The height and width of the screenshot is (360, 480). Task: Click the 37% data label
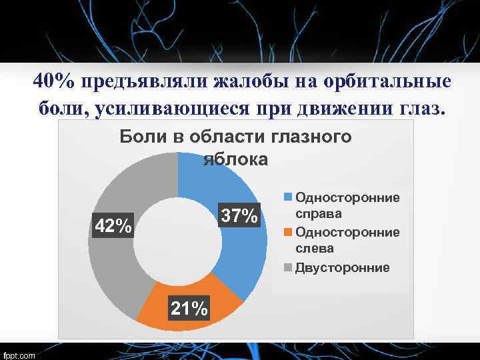[239, 216]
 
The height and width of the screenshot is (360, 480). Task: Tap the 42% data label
[113, 226]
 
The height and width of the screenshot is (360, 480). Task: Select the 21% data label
[189, 309]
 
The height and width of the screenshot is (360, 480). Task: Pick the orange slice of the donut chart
[187, 293]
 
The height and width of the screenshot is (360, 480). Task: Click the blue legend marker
[289, 198]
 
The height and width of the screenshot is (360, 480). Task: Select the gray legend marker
[289, 267]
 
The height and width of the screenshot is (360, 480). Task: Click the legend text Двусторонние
[343, 267]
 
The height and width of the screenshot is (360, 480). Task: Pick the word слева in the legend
[315, 249]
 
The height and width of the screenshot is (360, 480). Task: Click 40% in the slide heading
[54, 81]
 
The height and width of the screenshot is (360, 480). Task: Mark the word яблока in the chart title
[235, 159]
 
